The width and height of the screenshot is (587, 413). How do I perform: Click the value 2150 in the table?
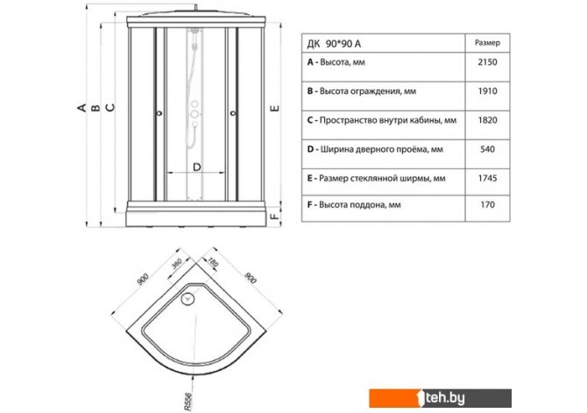click(487, 62)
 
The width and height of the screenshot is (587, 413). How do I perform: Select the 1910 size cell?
click(487, 91)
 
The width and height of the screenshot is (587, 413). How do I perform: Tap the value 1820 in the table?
click(487, 120)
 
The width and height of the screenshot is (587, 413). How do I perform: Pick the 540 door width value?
click(487, 149)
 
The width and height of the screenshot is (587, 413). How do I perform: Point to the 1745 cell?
click(487, 178)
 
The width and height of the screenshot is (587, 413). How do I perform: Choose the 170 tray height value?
click(487, 204)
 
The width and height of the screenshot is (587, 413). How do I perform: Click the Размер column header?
click(487, 43)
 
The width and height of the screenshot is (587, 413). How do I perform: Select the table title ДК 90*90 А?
click(334, 44)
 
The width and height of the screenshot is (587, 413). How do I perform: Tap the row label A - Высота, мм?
click(336, 62)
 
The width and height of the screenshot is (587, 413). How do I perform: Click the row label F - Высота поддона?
click(354, 205)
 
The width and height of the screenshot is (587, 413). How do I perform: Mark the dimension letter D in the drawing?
click(197, 167)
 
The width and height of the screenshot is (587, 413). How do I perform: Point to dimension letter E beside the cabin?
click(275, 109)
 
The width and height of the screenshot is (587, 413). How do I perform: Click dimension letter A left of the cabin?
click(81, 108)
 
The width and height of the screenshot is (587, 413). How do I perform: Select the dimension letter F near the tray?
click(275, 217)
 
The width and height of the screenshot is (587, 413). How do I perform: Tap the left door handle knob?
click(159, 112)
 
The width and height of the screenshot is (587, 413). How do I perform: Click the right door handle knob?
click(233, 112)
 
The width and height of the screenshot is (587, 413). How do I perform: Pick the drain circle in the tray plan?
click(187, 299)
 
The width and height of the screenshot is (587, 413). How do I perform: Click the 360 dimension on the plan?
click(176, 264)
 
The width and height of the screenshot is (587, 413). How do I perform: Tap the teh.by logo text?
click(445, 398)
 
